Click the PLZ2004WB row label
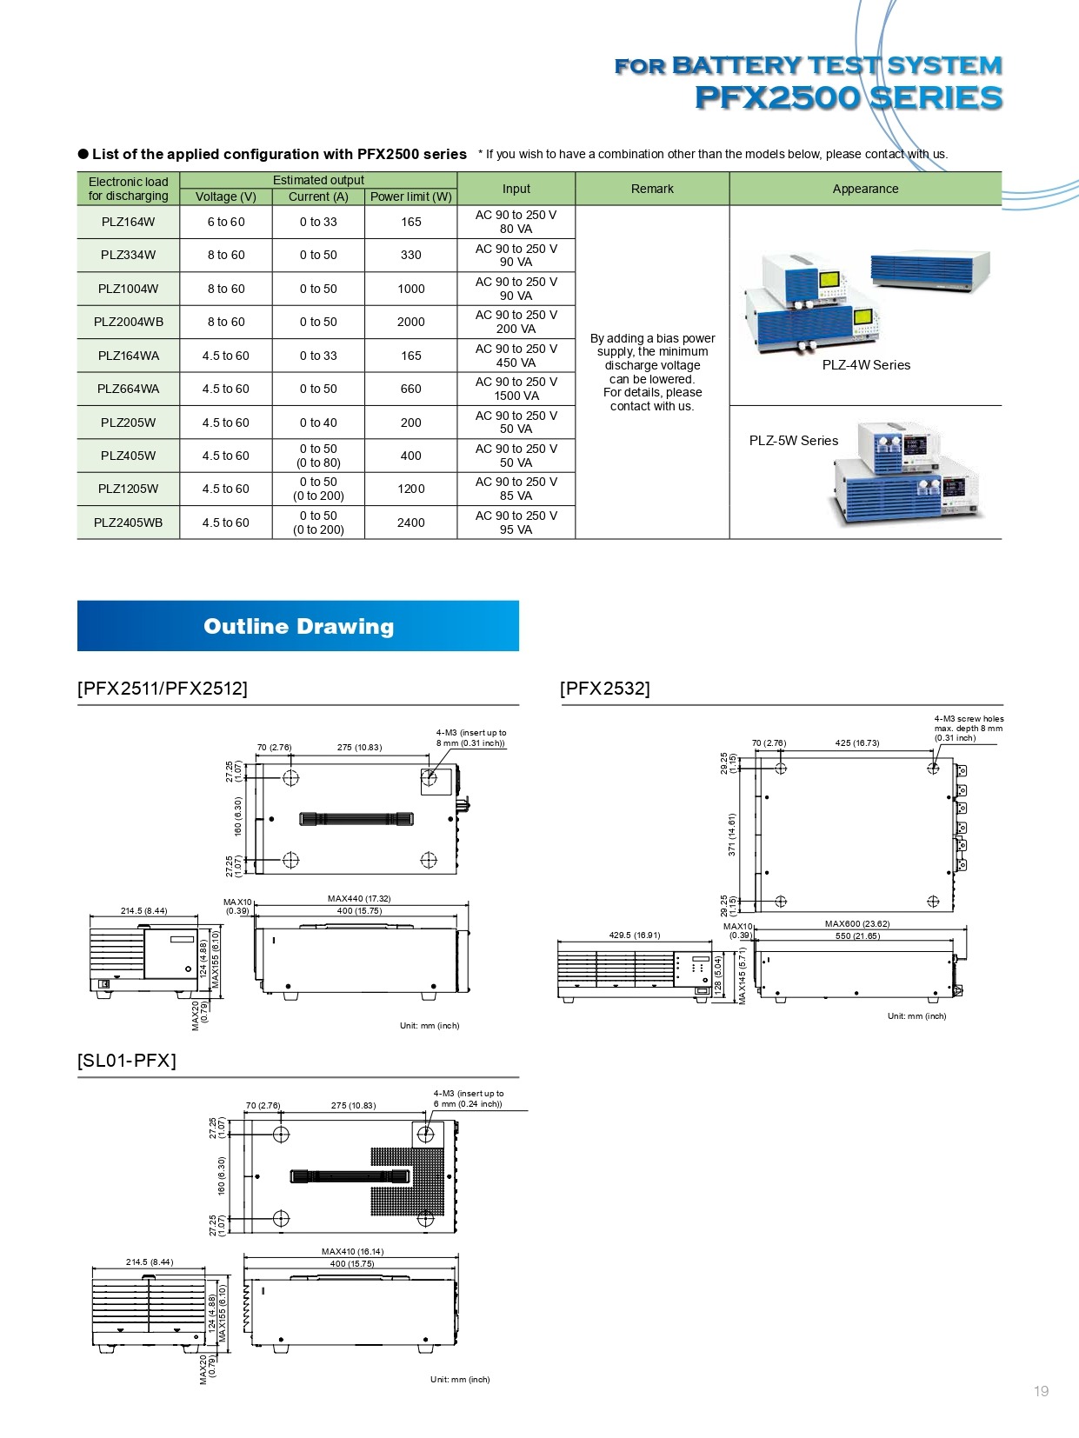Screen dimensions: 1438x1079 click(128, 322)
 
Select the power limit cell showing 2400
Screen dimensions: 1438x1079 click(410, 523)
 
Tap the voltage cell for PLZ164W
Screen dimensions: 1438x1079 click(226, 222)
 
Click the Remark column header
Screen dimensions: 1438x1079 click(652, 189)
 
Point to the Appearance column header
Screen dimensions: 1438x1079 click(865, 189)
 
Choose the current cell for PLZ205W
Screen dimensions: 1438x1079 click(318, 423)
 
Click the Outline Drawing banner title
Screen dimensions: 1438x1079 click(298, 626)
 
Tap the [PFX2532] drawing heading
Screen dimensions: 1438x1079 click(605, 689)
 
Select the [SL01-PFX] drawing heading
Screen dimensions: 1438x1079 click(127, 1061)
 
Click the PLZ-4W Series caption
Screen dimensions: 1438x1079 click(866, 365)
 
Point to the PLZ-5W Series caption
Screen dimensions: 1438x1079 click(794, 441)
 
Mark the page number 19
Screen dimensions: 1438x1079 click(1041, 1391)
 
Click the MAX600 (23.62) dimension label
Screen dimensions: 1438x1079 click(856, 923)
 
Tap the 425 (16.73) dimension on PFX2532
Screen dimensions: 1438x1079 click(856, 743)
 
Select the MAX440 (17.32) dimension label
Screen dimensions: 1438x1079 click(359, 899)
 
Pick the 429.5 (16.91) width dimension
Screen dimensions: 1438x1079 click(635, 935)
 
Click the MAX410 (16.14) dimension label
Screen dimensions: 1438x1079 click(352, 1252)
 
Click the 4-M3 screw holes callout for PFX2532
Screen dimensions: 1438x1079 click(968, 729)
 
